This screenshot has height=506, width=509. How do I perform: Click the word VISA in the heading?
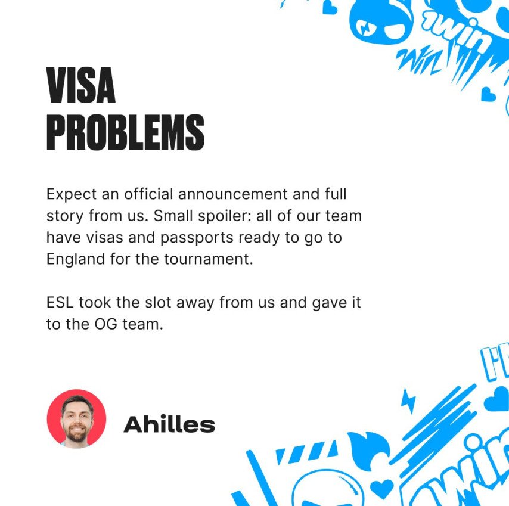pyautogui.click(x=81, y=85)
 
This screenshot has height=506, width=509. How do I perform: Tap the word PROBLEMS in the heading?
pyautogui.click(x=126, y=132)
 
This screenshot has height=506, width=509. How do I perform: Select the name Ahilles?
pyautogui.click(x=169, y=424)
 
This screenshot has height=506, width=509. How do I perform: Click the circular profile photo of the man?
pyautogui.click(x=77, y=419)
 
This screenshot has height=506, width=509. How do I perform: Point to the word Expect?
pyautogui.click(x=72, y=195)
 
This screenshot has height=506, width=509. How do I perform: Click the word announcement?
pyautogui.click(x=233, y=194)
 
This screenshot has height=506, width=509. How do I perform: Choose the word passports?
pyautogui.click(x=197, y=238)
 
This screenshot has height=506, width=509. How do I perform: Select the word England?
pyautogui.click(x=76, y=260)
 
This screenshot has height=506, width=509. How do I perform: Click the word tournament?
pyautogui.click(x=208, y=259)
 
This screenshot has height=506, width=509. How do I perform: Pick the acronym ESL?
pyautogui.click(x=60, y=303)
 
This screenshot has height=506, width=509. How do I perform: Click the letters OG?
pyautogui.click(x=106, y=324)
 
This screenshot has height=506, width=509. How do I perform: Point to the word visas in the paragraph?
pyautogui.click(x=104, y=238)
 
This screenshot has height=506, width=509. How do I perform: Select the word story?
pyautogui.click(x=65, y=216)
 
